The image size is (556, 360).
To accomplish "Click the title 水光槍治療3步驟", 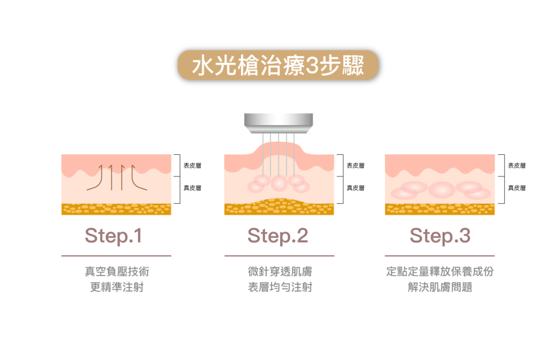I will pyautogui.click(x=277, y=66).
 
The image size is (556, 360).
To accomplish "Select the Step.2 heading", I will pyautogui.click(x=277, y=236).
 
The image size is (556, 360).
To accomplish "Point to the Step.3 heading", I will pyautogui.click(x=440, y=236).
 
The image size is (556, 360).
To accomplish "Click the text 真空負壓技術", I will pyautogui.click(x=116, y=271).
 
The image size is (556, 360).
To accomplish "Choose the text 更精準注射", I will pyautogui.click(x=116, y=287).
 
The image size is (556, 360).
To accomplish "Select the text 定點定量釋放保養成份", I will pyautogui.click(x=440, y=271).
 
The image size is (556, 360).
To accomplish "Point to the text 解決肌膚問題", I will pyautogui.click(x=440, y=287).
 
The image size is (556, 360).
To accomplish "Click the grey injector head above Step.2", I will pyautogui.click(x=279, y=122).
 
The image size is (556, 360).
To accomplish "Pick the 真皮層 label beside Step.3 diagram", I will pyautogui.click(x=516, y=188).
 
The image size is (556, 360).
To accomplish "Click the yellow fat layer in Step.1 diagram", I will pyautogui.click(x=116, y=209).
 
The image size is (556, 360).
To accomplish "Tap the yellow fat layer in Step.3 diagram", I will pyautogui.click(x=440, y=209).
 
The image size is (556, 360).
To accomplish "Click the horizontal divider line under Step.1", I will pyautogui.click(x=116, y=255).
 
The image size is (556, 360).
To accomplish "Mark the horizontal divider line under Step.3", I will pyautogui.click(x=440, y=255).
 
